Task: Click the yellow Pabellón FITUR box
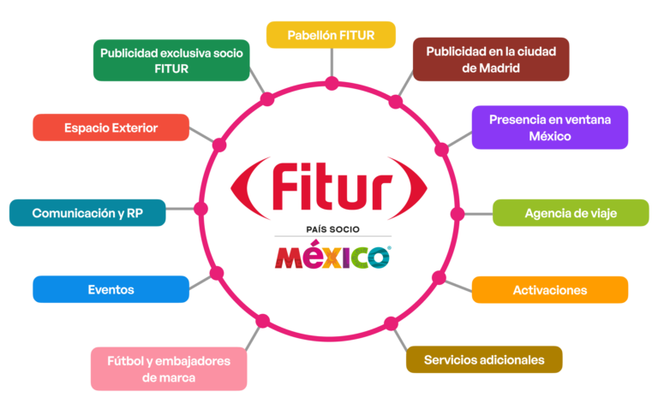coord(331,35)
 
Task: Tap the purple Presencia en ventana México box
coord(549,127)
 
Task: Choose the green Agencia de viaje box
coord(571,212)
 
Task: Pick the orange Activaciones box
coord(549,290)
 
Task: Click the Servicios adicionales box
coord(483,359)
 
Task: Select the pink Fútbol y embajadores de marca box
coord(169,368)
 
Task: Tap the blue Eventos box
coord(111,289)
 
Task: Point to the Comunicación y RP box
coord(87,212)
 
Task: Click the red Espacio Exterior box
coord(111,127)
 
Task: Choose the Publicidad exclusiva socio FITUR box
coord(171,60)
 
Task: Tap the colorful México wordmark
coord(332,256)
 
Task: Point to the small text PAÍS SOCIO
coord(332,229)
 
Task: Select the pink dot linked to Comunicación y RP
coord(201,208)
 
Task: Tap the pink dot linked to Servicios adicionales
coord(392,323)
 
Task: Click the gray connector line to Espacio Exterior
coord(203,135)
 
